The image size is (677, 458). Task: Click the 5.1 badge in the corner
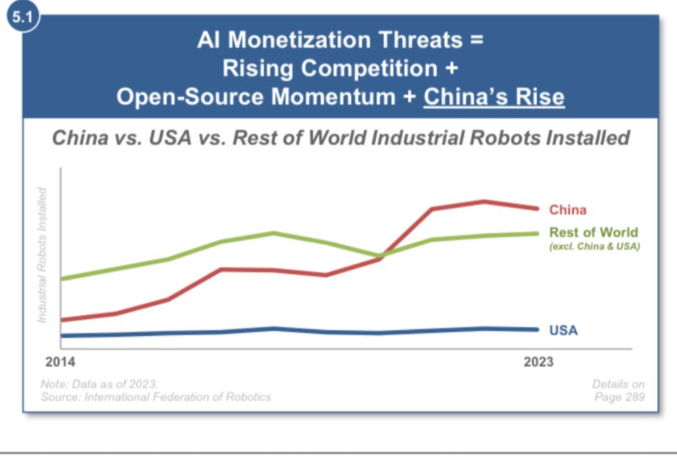21,17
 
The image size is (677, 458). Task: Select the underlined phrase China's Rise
494,97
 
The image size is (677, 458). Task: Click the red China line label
567,210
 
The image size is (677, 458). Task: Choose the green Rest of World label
593,233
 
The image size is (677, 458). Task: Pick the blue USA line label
563,331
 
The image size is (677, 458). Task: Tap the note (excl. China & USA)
594,247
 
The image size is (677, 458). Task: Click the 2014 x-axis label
60,362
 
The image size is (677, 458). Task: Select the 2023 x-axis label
538,362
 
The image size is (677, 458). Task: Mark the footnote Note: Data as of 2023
100,384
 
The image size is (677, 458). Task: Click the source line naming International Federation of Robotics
156,397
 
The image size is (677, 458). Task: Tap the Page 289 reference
619,397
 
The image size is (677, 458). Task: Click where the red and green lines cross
380,256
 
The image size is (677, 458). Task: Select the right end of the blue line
538,330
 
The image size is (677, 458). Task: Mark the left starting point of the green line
61,278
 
